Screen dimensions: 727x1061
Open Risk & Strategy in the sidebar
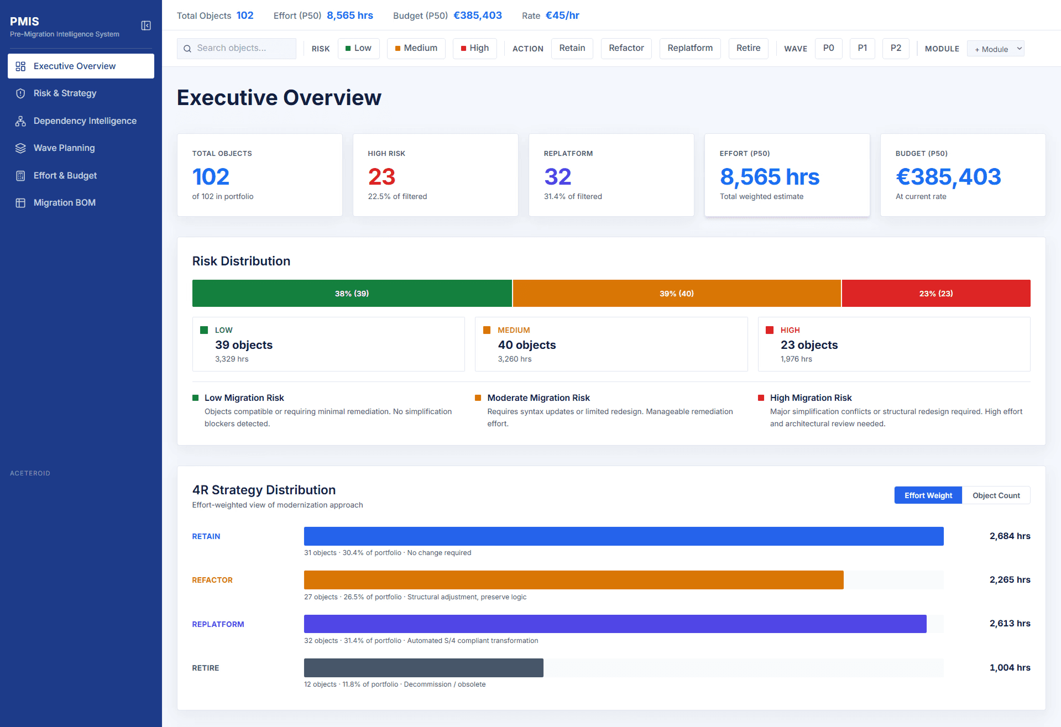(65, 93)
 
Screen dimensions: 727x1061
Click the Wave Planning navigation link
(64, 148)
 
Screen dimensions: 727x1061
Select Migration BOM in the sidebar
(64, 203)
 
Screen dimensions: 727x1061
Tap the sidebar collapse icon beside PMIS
(146, 25)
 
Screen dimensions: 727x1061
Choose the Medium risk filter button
(416, 49)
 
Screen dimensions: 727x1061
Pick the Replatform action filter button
(689, 49)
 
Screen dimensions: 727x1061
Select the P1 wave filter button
(862, 49)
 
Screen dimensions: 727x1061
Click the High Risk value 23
(381, 177)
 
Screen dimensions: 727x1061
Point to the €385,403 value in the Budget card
(948, 177)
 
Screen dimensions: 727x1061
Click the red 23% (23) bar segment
(935, 294)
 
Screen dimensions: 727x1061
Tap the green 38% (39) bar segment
(352, 294)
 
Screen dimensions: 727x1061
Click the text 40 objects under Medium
(526, 345)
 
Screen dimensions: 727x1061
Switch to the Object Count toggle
(996, 495)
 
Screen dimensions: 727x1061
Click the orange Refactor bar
(573, 580)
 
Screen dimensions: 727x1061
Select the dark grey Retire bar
(424, 668)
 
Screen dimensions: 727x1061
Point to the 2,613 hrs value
(1010, 624)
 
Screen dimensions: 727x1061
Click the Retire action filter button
(748, 49)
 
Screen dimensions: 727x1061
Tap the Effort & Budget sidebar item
(65, 176)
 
